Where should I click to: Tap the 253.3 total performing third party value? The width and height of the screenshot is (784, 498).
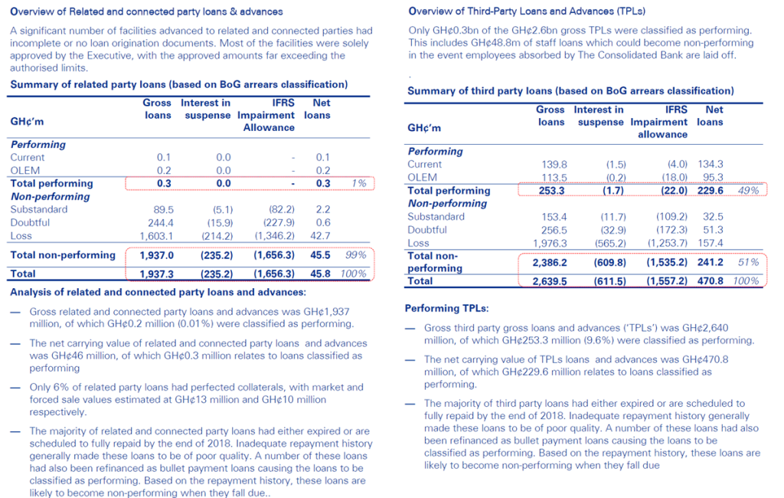(x=550, y=191)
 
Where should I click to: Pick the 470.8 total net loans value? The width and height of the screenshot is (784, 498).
(x=710, y=281)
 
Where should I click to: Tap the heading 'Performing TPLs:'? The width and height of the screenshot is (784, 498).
(x=446, y=309)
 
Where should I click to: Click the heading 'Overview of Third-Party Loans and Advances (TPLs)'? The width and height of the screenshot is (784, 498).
(x=527, y=11)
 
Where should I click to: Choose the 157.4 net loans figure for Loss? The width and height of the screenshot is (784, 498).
(x=710, y=243)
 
